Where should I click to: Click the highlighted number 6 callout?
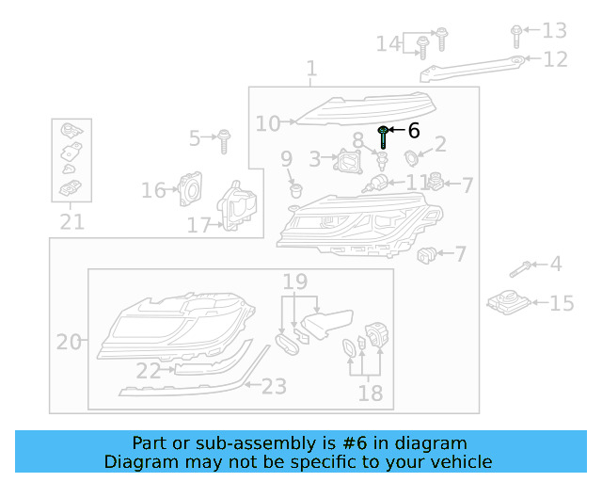[414, 131]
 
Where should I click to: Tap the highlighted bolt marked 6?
[383, 137]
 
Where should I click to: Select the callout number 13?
[554, 31]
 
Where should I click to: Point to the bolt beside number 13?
[516, 37]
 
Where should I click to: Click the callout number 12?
[555, 59]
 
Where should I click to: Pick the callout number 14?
[388, 43]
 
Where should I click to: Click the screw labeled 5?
[224, 141]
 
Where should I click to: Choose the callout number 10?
[268, 123]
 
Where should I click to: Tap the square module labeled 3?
[348, 161]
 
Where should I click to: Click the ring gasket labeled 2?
[411, 158]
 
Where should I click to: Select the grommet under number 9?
[296, 191]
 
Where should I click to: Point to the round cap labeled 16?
[190, 188]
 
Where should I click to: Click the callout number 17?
[198, 225]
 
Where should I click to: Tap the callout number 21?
[71, 222]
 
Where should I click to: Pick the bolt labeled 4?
[520, 269]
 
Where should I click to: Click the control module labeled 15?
[509, 302]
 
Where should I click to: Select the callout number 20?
[69, 342]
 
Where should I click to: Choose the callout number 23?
[274, 386]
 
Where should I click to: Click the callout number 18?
[370, 394]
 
